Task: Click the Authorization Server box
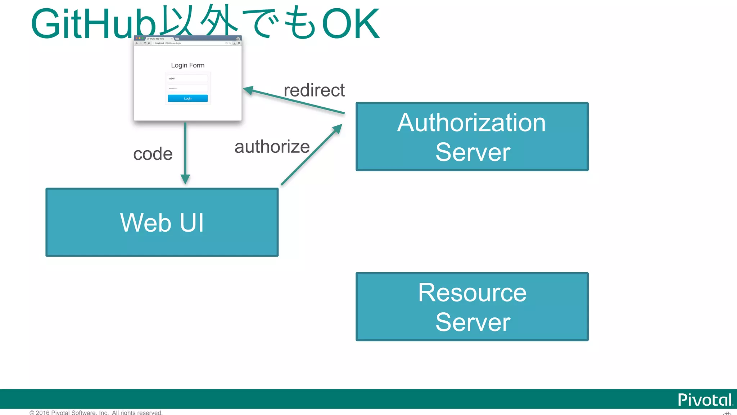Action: click(472, 137)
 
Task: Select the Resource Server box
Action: click(472, 307)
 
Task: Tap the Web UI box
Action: click(162, 222)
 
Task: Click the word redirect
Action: click(314, 90)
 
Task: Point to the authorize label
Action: click(272, 147)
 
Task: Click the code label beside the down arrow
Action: click(153, 154)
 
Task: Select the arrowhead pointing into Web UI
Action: click(185, 179)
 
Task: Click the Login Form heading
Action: click(187, 65)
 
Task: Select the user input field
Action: click(187, 78)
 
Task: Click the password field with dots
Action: click(187, 88)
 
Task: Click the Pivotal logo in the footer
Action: click(705, 400)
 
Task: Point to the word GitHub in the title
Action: click(94, 24)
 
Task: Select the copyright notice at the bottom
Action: click(96, 412)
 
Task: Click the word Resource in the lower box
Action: click(472, 293)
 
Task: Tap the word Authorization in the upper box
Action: click(471, 122)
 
